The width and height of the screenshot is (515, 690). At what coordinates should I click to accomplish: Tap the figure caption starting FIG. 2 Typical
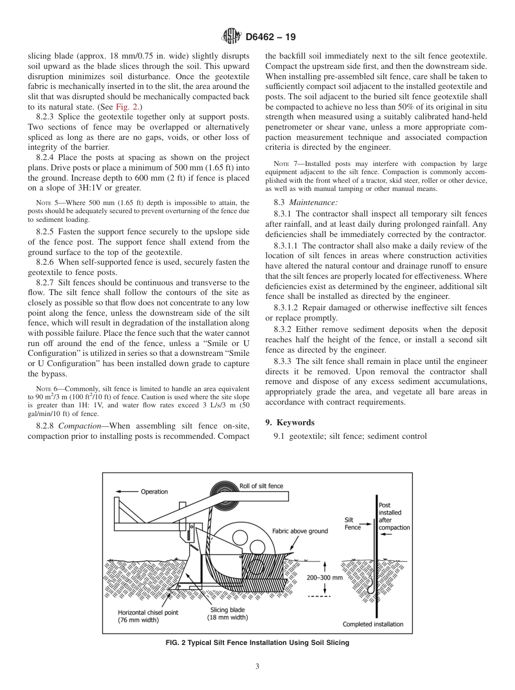point(257,643)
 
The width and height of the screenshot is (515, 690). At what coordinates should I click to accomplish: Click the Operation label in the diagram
point(154,492)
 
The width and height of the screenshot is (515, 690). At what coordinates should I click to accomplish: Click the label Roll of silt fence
point(261,486)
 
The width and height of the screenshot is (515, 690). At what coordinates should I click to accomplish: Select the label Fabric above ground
point(300,531)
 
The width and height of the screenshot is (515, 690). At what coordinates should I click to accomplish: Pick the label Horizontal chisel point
point(148,612)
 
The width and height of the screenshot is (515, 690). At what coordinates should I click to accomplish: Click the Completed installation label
point(373,624)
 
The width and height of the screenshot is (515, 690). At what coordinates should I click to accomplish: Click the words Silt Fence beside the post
point(352,523)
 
